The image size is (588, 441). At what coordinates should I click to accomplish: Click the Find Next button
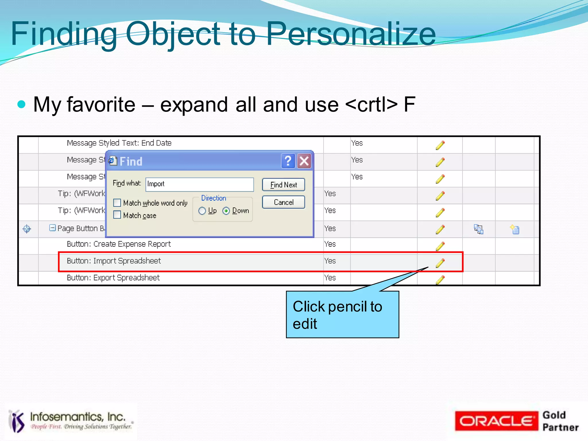pos(283,185)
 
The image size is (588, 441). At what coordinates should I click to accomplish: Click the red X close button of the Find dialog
pos(304,161)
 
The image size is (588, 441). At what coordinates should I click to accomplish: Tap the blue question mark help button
pos(288,161)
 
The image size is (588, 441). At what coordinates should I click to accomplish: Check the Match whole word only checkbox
pos(117,203)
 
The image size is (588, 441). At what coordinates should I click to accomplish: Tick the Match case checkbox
pos(117,215)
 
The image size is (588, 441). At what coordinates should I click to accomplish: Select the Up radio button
pos(202,211)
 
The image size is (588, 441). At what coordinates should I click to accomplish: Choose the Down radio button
pos(226,211)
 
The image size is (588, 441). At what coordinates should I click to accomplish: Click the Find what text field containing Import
pos(200,184)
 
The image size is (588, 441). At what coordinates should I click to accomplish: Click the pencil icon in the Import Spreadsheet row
pos(440,263)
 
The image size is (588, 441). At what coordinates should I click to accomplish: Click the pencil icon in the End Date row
pos(440,145)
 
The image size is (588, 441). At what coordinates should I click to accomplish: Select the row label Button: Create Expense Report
pos(119,244)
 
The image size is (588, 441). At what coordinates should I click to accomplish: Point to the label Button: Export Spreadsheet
pos(113,278)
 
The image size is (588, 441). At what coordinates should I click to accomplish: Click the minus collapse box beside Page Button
pos(53,228)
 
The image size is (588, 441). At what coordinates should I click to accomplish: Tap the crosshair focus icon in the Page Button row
pos(27,229)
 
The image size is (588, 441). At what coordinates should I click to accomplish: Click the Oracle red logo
pos(496,421)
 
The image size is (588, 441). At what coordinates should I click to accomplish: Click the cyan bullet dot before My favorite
pos(22,104)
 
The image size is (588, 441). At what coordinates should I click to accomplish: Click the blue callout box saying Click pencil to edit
pos(342,314)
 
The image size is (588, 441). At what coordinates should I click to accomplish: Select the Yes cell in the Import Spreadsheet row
pos(330,261)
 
